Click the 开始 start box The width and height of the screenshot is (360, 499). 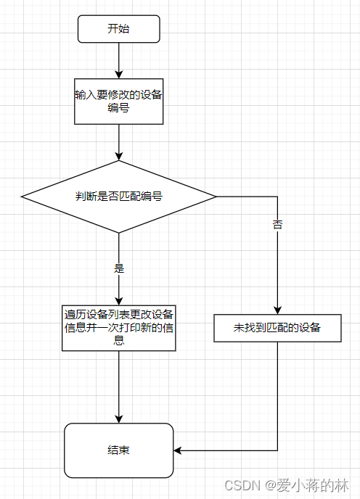pyautogui.click(x=119, y=29)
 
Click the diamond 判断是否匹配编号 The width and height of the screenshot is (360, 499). pyautogui.click(x=119, y=197)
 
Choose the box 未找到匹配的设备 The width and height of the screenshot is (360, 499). pyautogui.click(x=277, y=329)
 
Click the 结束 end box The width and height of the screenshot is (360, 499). pyautogui.click(x=119, y=450)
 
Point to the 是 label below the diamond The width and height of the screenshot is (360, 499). pyautogui.click(x=119, y=268)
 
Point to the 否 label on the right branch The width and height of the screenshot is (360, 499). pyautogui.click(x=277, y=224)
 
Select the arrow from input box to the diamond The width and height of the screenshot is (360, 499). pyautogui.click(x=119, y=142)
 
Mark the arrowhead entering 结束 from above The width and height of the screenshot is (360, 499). pyautogui.click(x=119, y=418)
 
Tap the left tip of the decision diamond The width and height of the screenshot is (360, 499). pyautogui.click(x=22, y=197)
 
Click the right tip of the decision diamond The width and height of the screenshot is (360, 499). pyautogui.click(x=216, y=197)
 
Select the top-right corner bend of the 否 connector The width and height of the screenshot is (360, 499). pyautogui.click(x=277, y=197)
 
